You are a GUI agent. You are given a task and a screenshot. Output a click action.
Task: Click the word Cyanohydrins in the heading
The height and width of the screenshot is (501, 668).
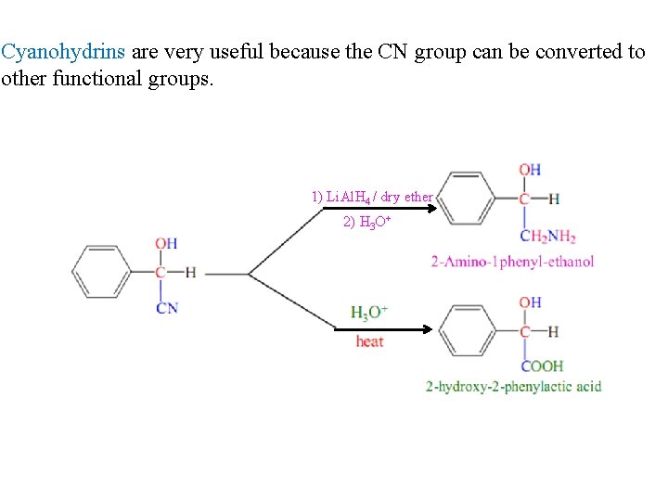click(x=62, y=52)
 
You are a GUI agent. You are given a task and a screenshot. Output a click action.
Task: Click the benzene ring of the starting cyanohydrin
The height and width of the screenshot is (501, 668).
click(x=101, y=272)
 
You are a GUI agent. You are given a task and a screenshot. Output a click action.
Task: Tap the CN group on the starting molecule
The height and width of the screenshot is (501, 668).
click(x=167, y=307)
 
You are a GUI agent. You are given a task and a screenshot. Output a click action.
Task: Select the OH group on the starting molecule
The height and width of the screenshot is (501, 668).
click(x=166, y=244)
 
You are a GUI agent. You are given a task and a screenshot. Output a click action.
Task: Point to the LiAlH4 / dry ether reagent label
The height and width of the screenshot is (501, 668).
click(x=372, y=197)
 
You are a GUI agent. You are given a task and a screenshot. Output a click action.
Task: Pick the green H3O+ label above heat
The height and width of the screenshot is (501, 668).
click(x=369, y=313)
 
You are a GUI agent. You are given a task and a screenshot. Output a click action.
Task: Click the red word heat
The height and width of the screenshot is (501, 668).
click(x=369, y=341)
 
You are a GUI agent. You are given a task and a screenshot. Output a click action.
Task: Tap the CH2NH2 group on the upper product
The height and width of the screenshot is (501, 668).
click(x=547, y=236)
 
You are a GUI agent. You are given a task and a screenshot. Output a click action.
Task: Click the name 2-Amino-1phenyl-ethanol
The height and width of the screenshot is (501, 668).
click(x=512, y=262)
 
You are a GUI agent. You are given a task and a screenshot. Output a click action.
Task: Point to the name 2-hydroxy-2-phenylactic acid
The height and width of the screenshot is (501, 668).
click(x=513, y=386)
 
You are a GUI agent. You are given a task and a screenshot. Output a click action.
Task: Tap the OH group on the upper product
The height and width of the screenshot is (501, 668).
click(x=530, y=170)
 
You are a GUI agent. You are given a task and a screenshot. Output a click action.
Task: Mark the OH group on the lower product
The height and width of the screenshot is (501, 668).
click(x=530, y=302)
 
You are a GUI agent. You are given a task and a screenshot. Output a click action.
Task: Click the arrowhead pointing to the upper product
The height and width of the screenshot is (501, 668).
click(x=430, y=209)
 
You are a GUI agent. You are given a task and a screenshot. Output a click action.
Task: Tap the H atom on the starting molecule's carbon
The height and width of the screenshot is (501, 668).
click(x=190, y=272)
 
